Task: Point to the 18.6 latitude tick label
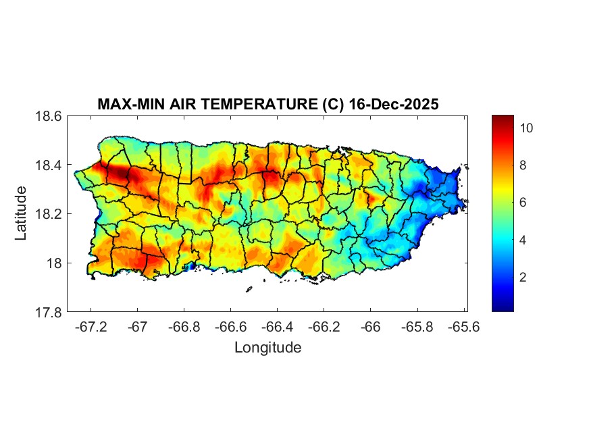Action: tap(49, 116)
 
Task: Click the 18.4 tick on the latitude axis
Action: tap(49, 165)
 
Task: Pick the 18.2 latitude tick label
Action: tap(49, 214)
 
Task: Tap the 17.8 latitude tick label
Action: tap(49, 312)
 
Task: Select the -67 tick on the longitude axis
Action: tap(137, 327)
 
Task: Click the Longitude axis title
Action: tap(267, 348)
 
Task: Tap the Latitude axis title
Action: tap(22, 213)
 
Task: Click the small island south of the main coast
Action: tap(249, 289)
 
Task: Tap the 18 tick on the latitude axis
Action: tap(54, 263)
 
